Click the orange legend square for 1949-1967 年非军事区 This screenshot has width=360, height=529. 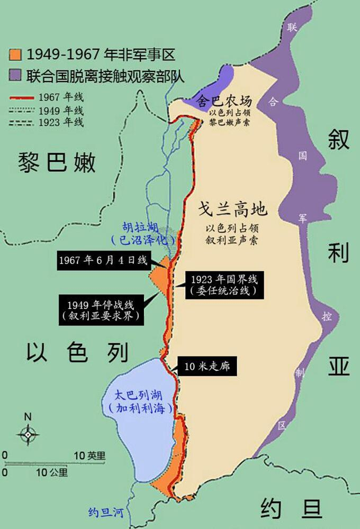click(x=16, y=54)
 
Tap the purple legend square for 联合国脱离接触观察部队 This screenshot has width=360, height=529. click(x=16, y=75)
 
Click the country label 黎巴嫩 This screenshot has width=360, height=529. click(x=57, y=162)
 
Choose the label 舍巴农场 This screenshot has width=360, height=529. click(x=224, y=102)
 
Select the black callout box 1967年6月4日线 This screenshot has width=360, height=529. click(x=103, y=260)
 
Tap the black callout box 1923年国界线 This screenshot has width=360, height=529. click(x=224, y=285)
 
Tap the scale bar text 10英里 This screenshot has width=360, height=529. click(x=89, y=455)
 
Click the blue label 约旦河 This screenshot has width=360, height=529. click(x=106, y=512)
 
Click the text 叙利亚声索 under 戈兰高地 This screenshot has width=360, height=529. click(x=233, y=239)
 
